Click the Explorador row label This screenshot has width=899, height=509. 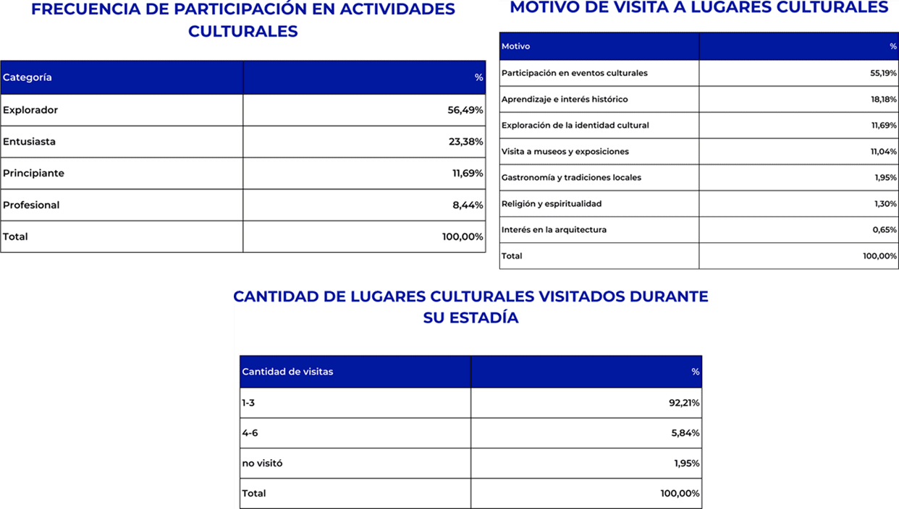tap(30, 110)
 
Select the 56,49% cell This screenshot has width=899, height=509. tap(465, 110)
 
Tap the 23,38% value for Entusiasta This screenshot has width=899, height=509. tap(465, 142)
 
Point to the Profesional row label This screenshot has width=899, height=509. tap(31, 205)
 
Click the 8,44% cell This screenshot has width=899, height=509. tap(468, 205)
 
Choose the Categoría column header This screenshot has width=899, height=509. tap(28, 77)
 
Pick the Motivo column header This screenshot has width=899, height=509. tap(515, 46)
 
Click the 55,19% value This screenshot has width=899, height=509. tap(884, 73)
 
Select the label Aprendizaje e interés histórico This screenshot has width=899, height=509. tap(565, 99)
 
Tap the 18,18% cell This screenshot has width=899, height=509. tap(884, 99)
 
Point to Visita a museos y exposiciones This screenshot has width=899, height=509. tap(565, 151)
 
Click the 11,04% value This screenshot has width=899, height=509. tap(884, 151)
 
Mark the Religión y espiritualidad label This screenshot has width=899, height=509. tap(552, 203)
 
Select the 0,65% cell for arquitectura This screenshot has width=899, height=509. tap(885, 229)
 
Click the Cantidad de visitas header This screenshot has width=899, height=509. tap(287, 372)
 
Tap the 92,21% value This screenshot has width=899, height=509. tap(684, 403)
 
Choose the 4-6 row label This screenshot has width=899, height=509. tap(250, 433)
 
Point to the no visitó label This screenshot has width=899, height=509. tap(262, 463)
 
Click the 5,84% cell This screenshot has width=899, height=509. tap(685, 433)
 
